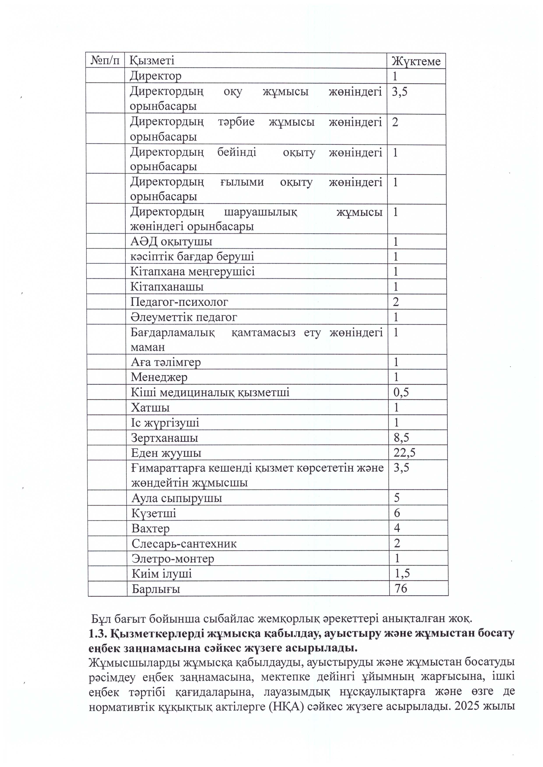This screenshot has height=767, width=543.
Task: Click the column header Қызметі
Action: point(152,60)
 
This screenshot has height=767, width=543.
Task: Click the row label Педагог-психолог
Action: point(179,302)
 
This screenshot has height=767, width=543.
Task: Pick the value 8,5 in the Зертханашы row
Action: point(401,438)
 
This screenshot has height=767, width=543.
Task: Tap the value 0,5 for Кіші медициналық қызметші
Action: point(401,392)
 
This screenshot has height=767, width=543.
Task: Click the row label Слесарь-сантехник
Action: point(184,543)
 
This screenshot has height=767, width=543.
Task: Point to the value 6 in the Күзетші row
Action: point(397,513)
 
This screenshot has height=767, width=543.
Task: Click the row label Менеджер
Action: point(159,377)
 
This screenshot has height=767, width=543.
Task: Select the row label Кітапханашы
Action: point(167,287)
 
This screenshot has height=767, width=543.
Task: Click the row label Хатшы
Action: point(150,407)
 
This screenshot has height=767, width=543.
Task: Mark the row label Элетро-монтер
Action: point(172,559)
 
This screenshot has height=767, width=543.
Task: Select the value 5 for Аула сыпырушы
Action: point(397,498)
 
